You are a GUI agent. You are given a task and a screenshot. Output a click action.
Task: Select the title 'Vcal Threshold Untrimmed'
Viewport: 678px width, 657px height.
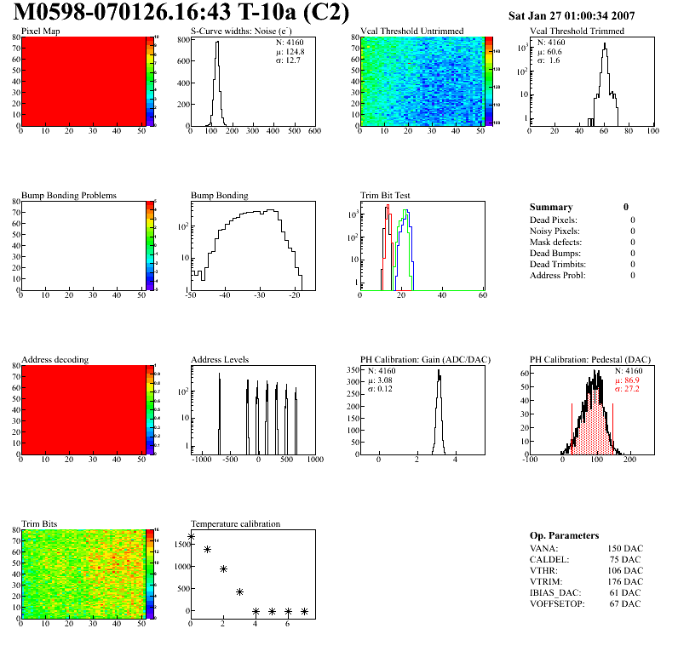(x=411, y=31)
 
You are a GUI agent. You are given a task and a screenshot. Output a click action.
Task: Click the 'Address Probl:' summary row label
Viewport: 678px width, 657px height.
(x=557, y=275)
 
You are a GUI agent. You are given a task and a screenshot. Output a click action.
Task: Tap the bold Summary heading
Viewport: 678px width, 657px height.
(x=551, y=207)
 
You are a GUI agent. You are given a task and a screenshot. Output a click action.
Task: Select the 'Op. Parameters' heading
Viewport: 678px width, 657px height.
(x=564, y=535)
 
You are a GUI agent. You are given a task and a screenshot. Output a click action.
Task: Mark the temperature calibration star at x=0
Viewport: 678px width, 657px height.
(x=191, y=537)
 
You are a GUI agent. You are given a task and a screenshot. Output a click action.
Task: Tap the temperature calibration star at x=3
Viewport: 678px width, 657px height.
(x=240, y=591)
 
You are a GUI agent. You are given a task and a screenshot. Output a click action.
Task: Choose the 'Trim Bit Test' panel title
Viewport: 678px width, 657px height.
(x=384, y=196)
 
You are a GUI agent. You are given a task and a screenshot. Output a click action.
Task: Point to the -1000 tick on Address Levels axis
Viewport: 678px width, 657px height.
(x=202, y=459)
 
